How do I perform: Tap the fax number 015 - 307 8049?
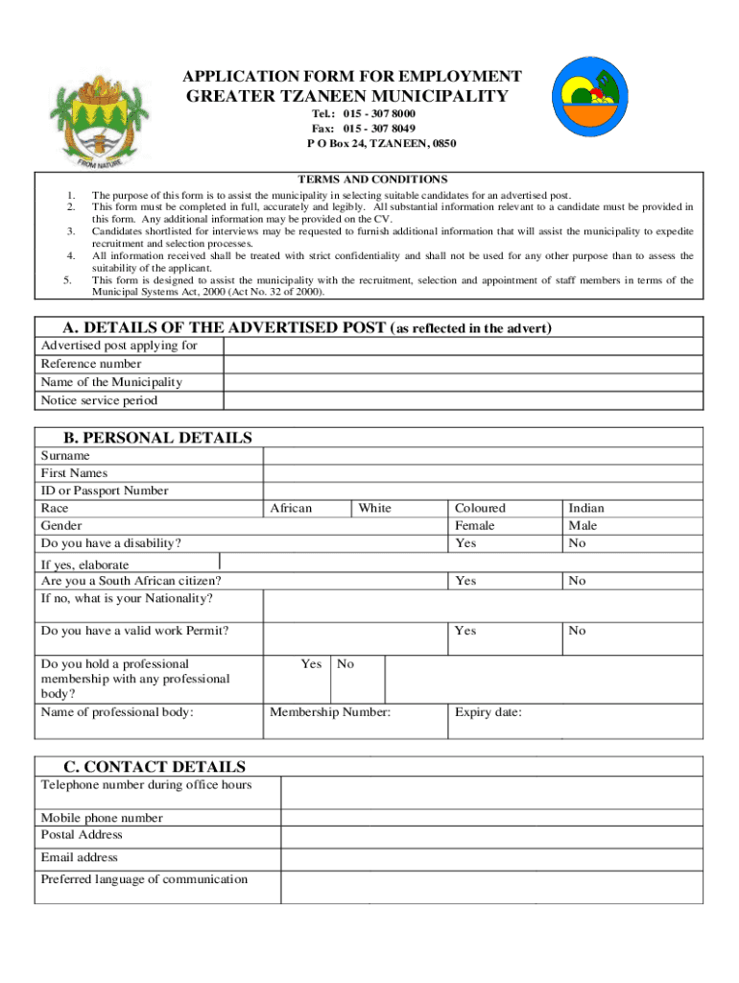[364, 128]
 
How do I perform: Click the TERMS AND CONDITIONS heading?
[372, 180]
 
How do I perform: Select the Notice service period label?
[99, 400]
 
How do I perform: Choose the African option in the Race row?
[291, 508]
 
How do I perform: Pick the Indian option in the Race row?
[586, 508]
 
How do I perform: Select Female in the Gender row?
[475, 526]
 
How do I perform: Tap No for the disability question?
[577, 543]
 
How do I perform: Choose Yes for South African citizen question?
[465, 581]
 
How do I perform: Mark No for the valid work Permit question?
[577, 631]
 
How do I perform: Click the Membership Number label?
[330, 712]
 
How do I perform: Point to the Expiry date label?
[489, 712]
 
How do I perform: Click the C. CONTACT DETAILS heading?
[155, 766]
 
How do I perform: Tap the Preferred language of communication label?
[144, 879]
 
